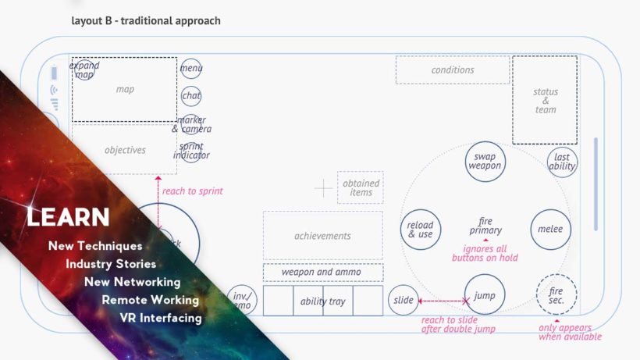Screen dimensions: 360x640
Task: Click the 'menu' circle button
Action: pyautogui.click(x=191, y=69)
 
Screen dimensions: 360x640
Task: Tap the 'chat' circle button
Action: pyautogui.click(x=191, y=96)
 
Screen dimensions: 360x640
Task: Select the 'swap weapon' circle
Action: pyautogui.click(x=485, y=162)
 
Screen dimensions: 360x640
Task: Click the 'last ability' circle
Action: pyautogui.click(x=562, y=162)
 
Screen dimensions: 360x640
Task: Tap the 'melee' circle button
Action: pyautogui.click(x=550, y=230)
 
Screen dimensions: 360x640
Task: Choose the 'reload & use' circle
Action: pyautogui.click(x=421, y=230)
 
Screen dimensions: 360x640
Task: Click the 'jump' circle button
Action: pyautogui.click(x=485, y=296)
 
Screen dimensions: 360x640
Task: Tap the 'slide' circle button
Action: pyautogui.click(x=404, y=301)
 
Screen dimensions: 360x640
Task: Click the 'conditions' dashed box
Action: pyautogui.click(x=452, y=70)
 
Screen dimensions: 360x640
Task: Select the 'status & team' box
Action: pyautogui.click(x=545, y=100)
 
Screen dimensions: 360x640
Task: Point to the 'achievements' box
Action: pyautogui.click(x=322, y=236)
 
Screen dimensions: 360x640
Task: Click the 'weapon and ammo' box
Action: pyautogui.click(x=322, y=272)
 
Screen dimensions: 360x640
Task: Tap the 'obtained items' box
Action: pyautogui.click(x=361, y=187)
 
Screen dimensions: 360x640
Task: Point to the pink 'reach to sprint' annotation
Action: pyautogui.click(x=192, y=191)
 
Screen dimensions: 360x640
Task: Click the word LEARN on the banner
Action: pyautogui.click(x=68, y=217)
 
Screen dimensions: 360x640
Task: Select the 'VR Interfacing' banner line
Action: pyautogui.click(x=161, y=318)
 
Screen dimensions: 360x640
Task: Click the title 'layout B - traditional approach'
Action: pyautogui.click(x=146, y=20)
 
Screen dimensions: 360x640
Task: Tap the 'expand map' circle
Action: pyautogui.click(x=84, y=70)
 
